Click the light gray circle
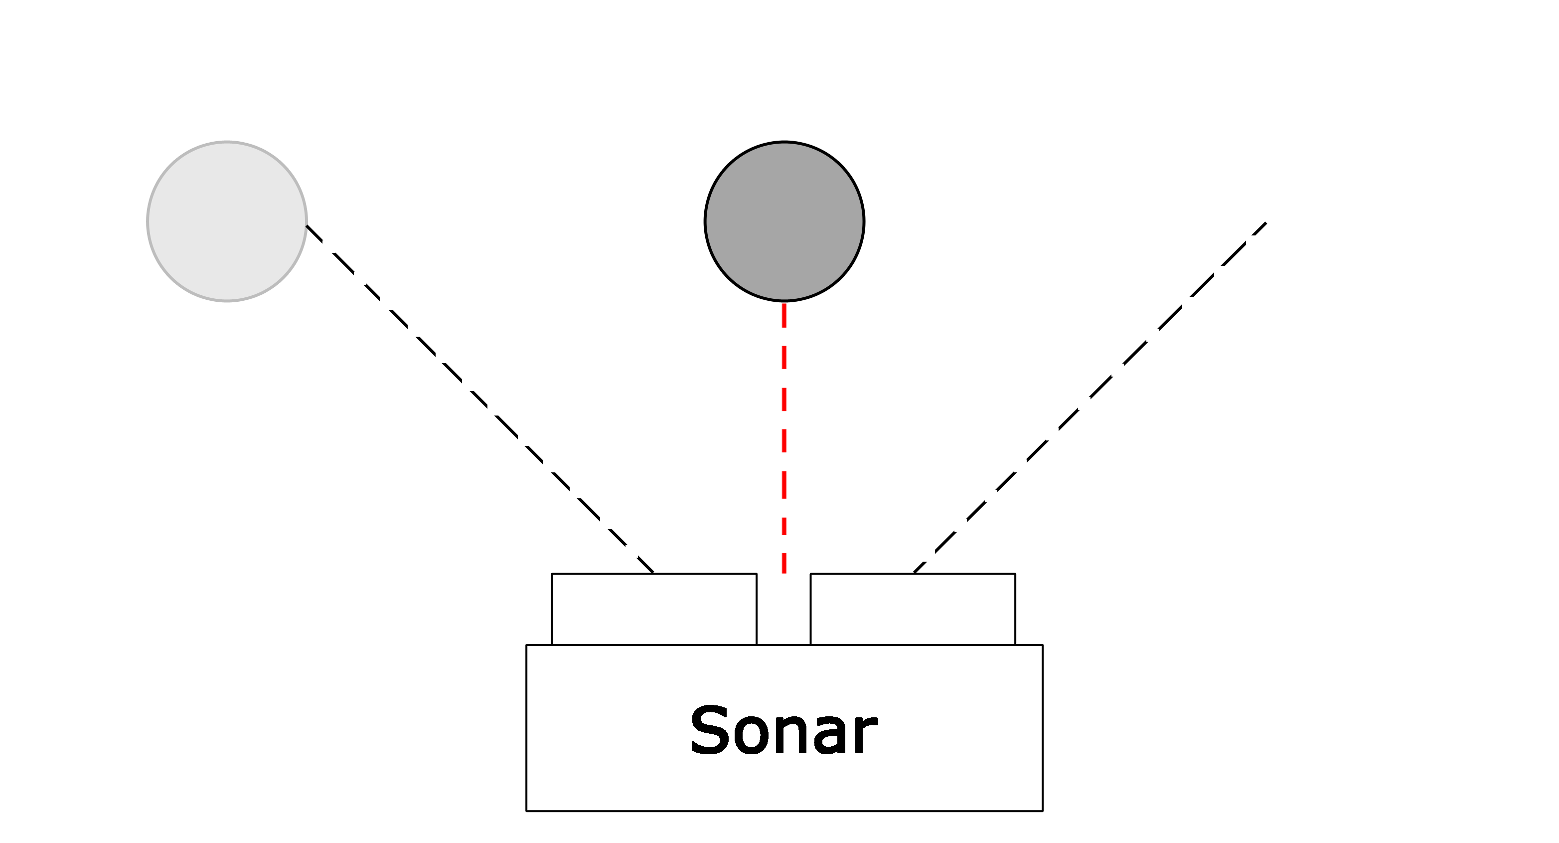(227, 221)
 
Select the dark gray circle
(784, 221)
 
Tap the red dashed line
(784, 438)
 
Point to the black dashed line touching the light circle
(480, 399)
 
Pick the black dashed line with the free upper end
(1090, 397)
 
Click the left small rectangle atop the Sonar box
(654, 609)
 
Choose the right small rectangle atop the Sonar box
(913, 609)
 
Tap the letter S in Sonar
(709, 730)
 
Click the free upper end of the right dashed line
(1267, 222)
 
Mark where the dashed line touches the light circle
(307, 226)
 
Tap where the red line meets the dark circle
(784, 303)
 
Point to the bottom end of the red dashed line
(784, 573)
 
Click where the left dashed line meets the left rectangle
(653, 573)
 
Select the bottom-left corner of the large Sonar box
(526, 811)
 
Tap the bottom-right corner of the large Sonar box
(1042, 811)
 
